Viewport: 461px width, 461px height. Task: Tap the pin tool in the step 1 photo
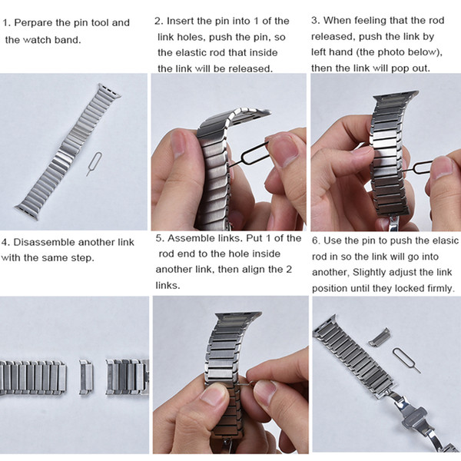pyautogui.click(x=94, y=164)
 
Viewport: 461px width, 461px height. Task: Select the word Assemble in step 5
pyautogui.click(x=187, y=238)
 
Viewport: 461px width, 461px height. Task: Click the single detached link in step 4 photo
pyautogui.click(x=86, y=377)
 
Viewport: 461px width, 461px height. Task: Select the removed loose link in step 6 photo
pyautogui.click(x=380, y=337)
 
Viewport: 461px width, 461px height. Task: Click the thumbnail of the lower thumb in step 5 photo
pyautogui.click(x=214, y=394)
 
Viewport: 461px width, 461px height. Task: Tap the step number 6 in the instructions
pyautogui.click(x=315, y=240)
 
